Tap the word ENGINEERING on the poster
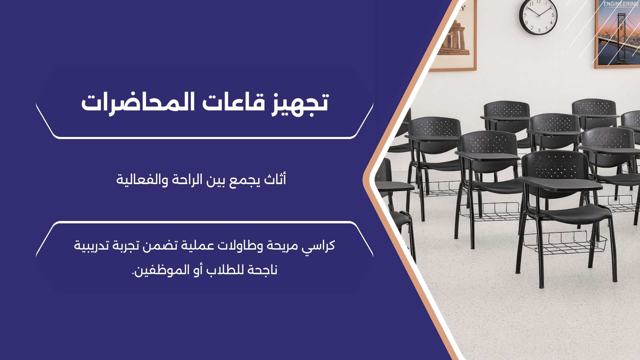point(621,4)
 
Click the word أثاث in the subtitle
point(275,179)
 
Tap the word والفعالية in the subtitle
point(142,179)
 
